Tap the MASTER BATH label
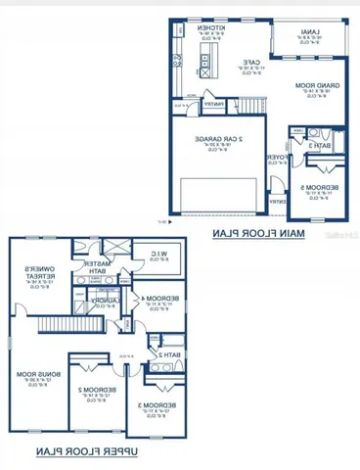100,266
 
